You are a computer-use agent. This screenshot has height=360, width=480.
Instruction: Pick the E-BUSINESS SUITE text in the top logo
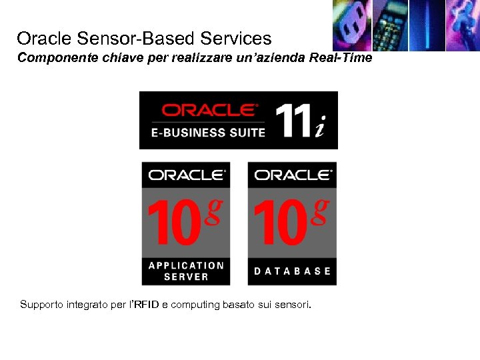(208, 132)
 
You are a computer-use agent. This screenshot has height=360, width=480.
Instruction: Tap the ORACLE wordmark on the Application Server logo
(187, 175)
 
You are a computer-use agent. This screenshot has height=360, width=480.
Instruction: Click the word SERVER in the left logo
(186, 276)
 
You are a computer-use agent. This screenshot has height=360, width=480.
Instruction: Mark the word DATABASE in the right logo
(292, 271)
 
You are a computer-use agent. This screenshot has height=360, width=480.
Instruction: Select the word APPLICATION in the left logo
(186, 265)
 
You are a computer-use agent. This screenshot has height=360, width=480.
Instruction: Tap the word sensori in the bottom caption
(293, 305)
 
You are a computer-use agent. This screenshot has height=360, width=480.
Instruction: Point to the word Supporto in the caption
(42, 305)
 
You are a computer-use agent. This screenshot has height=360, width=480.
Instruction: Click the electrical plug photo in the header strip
(351, 25)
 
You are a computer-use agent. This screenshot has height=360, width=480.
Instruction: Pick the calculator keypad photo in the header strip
(389, 25)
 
